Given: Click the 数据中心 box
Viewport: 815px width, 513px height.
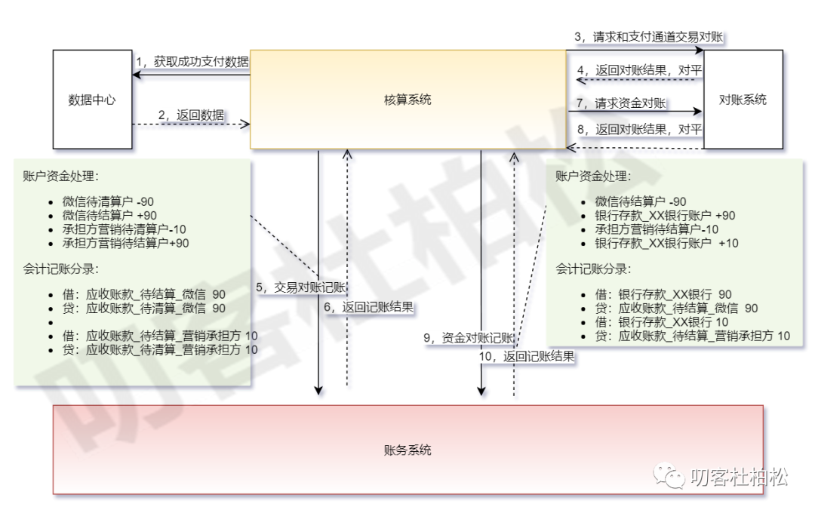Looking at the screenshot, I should pos(91,99).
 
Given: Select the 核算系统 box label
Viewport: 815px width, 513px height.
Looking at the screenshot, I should pos(407,100).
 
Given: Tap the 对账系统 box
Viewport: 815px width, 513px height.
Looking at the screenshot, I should pos(743,99).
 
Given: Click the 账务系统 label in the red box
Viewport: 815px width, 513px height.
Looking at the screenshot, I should pos(407,450).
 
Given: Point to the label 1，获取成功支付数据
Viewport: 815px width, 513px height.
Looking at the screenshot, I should pos(192,62).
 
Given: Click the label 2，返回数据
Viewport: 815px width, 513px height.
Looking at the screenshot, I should pos(191,115).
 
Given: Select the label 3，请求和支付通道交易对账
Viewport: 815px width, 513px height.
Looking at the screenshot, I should pos(650,36).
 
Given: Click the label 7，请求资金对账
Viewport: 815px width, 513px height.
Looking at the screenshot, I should pos(620,103).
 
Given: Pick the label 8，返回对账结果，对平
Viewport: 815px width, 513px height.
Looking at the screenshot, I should pos(639,129).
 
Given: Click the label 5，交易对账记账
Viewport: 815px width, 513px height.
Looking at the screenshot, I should pos(300,287).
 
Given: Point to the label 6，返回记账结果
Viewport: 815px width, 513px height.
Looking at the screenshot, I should pos(370,307).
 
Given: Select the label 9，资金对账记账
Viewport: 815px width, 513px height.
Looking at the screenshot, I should pos(469,338).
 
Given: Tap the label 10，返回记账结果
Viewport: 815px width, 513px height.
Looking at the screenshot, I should pos(527,357).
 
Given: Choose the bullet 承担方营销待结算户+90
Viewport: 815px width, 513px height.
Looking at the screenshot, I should pos(126,243).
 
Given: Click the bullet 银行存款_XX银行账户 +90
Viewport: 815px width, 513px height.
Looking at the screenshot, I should pos(665,215).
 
